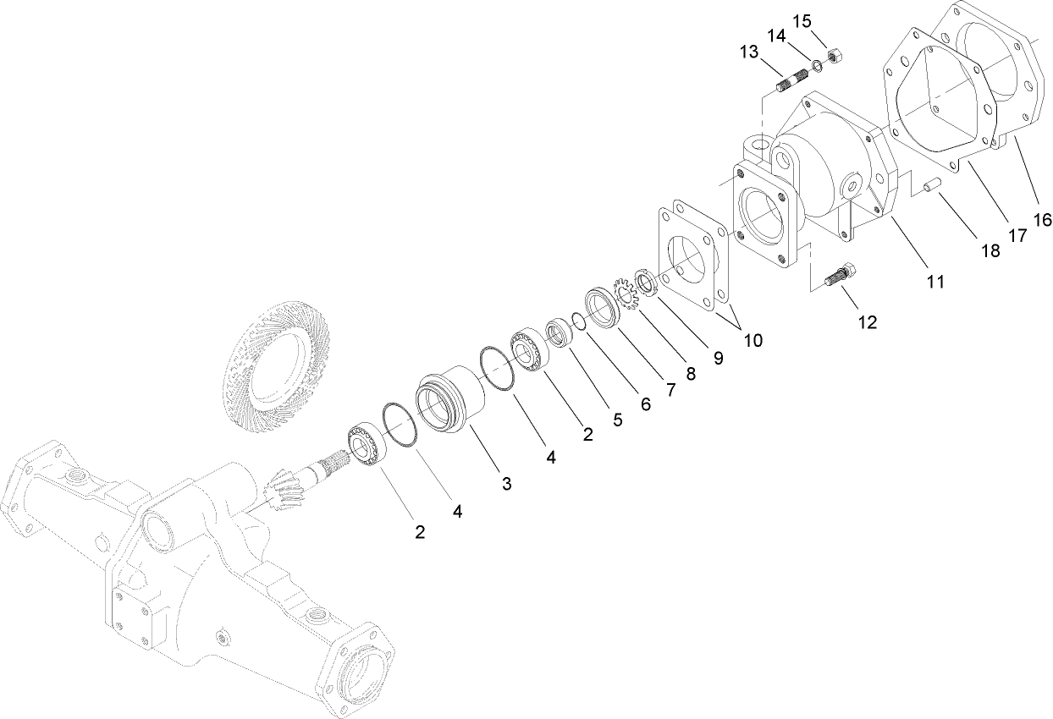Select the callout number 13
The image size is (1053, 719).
coord(748,52)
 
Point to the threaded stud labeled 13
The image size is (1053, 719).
coord(794,84)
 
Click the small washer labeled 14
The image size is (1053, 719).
coord(816,66)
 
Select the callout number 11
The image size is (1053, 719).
coord(934,282)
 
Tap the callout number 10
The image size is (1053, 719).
coord(753,340)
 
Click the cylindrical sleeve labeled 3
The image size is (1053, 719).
coord(451,400)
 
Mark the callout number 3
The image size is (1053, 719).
coord(506,484)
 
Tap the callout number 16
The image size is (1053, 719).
coord(1042,220)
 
